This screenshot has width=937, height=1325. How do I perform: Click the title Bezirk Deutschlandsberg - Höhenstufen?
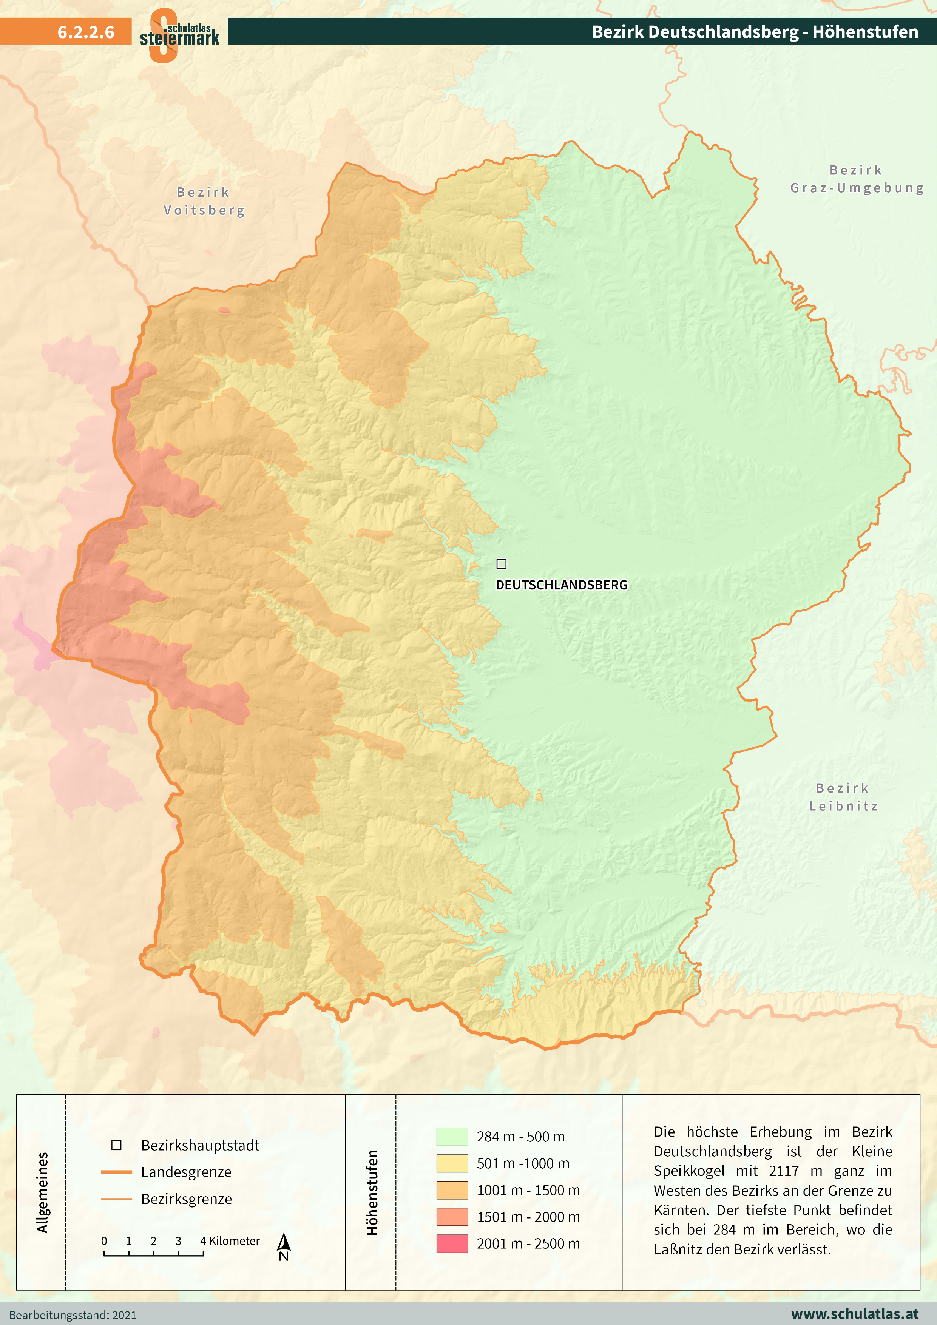(755, 32)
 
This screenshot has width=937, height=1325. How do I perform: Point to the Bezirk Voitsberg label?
(204, 201)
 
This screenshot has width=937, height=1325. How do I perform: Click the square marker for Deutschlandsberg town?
(501, 564)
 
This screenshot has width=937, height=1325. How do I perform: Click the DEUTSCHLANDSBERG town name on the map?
(561, 585)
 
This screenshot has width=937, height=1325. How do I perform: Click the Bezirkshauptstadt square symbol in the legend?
(116, 1145)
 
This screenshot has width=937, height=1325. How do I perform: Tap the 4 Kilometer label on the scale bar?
(230, 1241)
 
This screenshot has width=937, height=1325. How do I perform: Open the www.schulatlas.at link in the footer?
(854, 1314)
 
